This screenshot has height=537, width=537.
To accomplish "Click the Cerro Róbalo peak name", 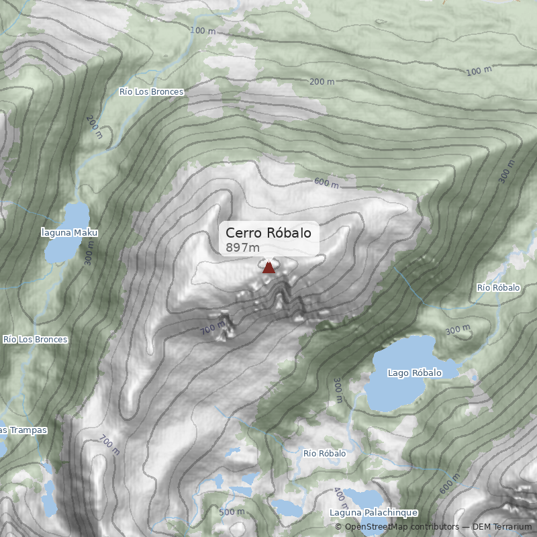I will click(x=268, y=233).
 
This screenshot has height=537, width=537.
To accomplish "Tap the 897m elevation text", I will click(x=243, y=248).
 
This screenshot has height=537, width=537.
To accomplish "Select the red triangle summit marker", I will click(x=268, y=268).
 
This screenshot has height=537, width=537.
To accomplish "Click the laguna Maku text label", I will click(x=69, y=233).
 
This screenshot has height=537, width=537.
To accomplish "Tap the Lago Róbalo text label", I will click(x=415, y=373).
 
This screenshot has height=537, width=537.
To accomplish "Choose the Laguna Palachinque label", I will click(x=374, y=513).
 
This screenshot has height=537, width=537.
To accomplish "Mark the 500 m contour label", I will click(x=232, y=512).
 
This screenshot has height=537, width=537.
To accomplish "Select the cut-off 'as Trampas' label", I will click(x=23, y=430).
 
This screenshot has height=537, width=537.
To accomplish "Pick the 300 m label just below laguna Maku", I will click(x=89, y=253).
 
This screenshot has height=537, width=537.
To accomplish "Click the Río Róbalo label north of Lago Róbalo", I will click(x=498, y=287).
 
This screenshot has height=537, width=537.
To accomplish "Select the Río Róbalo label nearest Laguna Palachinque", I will click(x=324, y=454).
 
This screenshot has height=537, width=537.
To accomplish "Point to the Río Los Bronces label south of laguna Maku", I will click(x=35, y=340).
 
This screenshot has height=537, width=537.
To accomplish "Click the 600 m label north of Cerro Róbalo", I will click(x=326, y=183).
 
